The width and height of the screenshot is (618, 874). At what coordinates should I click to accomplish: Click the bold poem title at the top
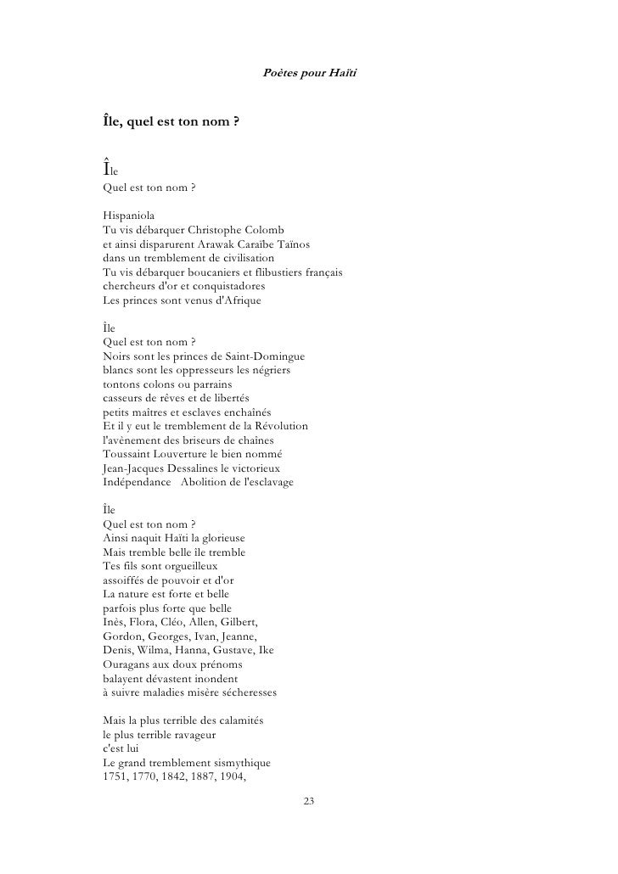(x=170, y=122)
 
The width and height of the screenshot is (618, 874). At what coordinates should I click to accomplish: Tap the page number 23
(x=309, y=801)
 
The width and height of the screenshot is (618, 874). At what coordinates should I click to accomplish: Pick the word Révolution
(x=279, y=425)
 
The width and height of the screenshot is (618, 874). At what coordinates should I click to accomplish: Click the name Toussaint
(x=127, y=453)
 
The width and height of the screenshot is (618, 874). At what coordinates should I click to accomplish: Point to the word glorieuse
(x=219, y=537)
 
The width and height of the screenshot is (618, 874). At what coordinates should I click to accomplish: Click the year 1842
(x=188, y=776)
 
